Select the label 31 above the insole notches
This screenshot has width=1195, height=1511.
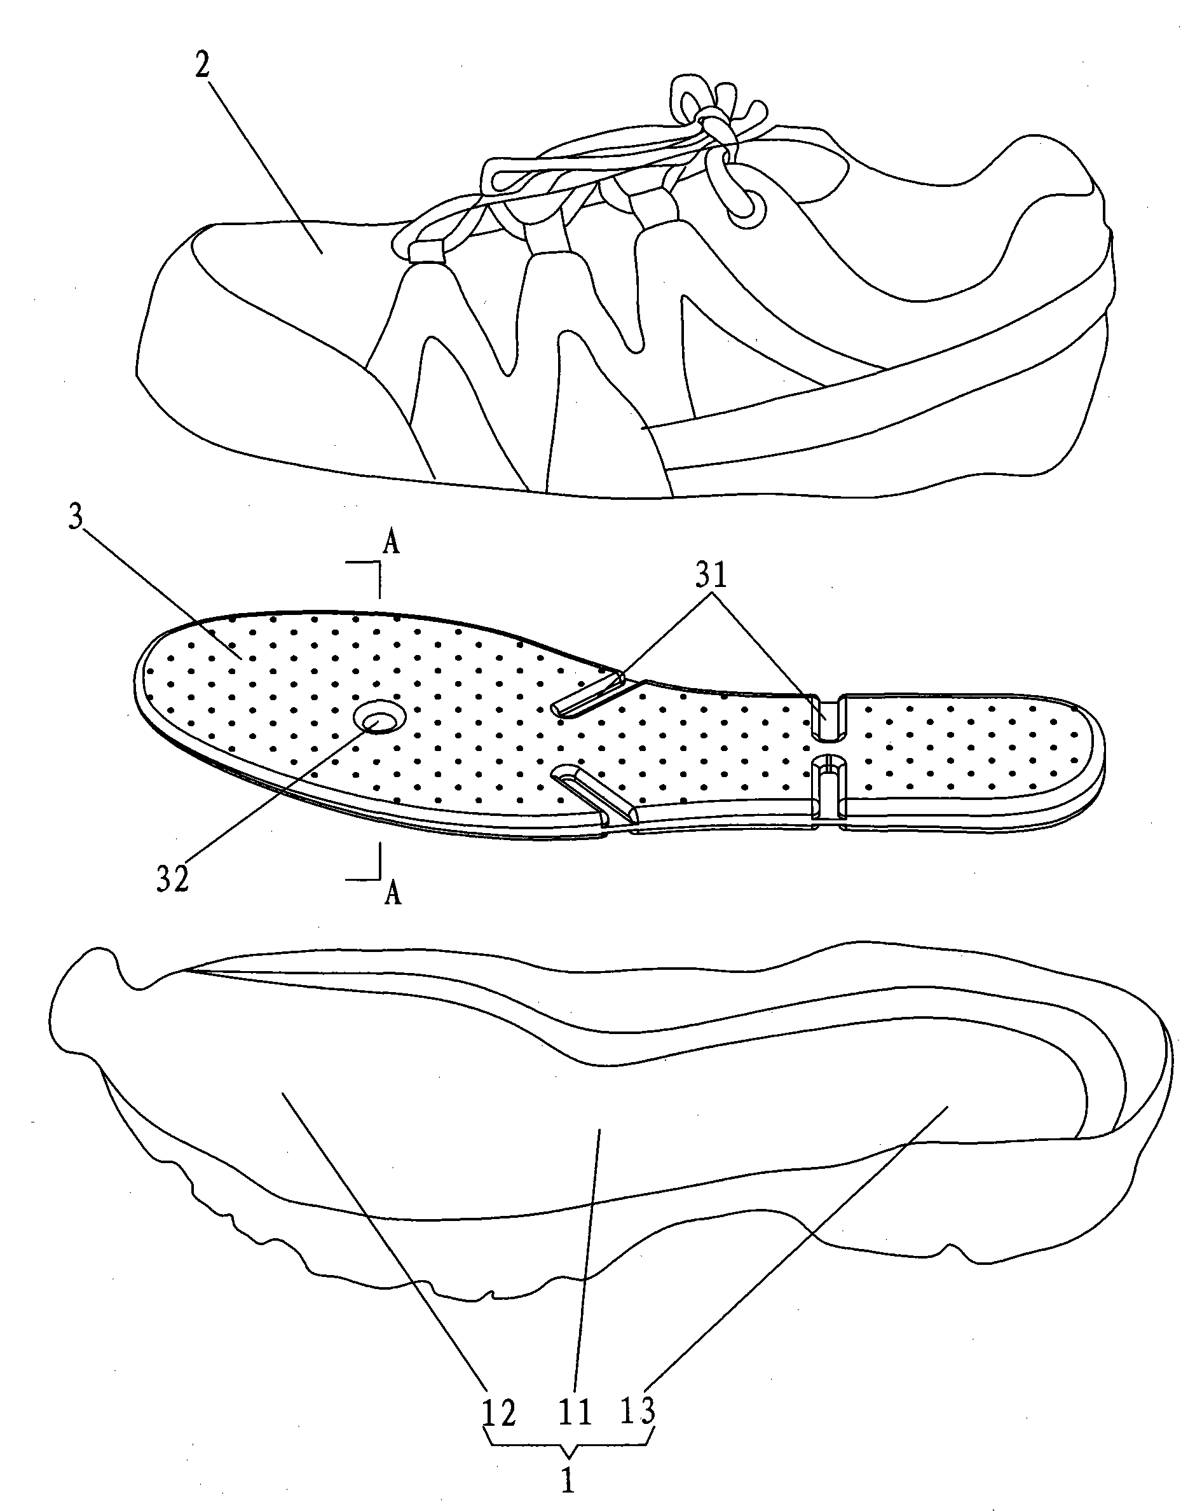pyautogui.click(x=711, y=576)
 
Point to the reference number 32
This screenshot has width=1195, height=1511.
pyautogui.click(x=173, y=878)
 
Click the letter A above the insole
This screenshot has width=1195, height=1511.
pyautogui.click(x=392, y=544)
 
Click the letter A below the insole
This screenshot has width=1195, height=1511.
pyautogui.click(x=392, y=893)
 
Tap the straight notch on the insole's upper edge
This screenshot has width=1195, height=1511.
pyautogui.click(x=828, y=717)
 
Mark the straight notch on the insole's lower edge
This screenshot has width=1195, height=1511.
pyautogui.click(x=828, y=787)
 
